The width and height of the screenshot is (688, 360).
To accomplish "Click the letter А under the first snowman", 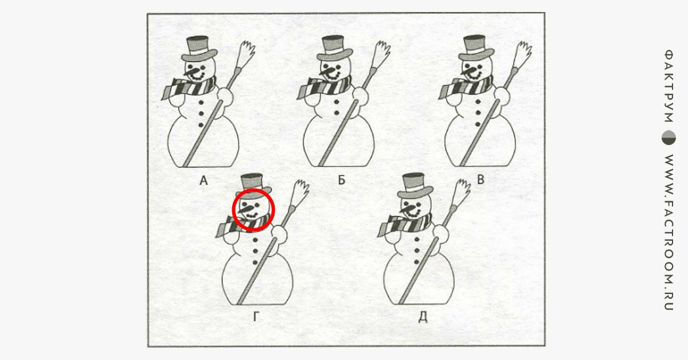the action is (204, 181).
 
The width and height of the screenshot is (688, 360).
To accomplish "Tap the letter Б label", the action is (342, 180).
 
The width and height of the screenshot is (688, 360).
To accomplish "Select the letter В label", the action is (480, 179).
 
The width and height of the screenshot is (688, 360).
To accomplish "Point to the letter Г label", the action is (256, 316).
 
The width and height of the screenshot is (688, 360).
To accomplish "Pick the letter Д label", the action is (423, 317).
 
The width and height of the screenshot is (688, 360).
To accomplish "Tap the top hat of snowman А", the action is (199, 49).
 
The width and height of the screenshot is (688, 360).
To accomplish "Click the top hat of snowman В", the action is (476, 48).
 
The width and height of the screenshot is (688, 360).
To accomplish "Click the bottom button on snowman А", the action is (201, 125).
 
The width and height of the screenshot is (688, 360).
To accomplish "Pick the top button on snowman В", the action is (478, 101).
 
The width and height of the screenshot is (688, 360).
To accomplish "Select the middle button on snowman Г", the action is (255, 251).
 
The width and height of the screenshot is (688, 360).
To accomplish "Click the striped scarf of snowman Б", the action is (324, 87).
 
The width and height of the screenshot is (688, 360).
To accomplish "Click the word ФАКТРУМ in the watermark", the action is (669, 86).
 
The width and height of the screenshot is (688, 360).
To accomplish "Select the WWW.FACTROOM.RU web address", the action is (669, 232).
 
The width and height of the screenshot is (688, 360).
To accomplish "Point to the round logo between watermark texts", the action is (669, 138).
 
